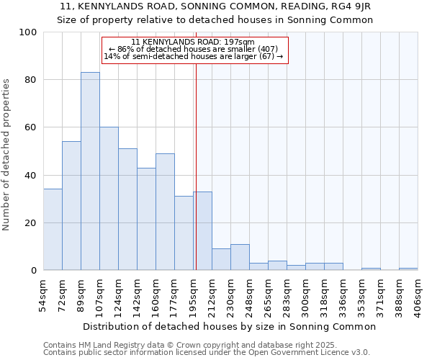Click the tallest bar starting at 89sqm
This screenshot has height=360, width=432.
pos(90,171)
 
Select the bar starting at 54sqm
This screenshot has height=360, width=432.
pos(53,230)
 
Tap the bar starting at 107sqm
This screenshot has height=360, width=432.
pos(109,199)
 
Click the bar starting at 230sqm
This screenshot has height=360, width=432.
pos(240,257)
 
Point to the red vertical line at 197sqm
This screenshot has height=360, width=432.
pos(195,166)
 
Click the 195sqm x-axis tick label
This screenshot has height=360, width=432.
pos(194,294)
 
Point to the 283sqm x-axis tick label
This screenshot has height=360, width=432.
pos(287,294)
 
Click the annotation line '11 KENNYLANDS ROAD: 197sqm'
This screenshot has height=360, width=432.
pos(194,42)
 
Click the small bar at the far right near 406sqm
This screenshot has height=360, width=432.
pos(408,269)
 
